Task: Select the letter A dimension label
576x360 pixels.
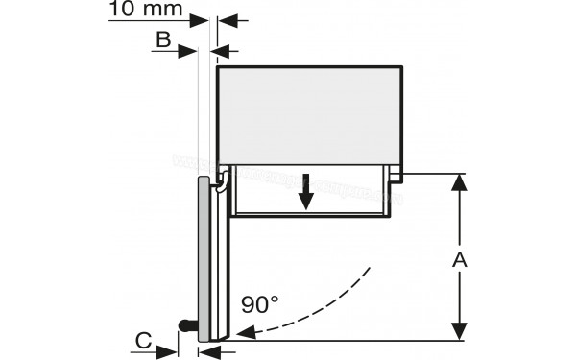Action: pos(460,259)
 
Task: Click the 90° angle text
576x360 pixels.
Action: pos(259,305)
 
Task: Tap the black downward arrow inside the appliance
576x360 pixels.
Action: pos(305,196)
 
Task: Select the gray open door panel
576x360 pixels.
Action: pos(204,259)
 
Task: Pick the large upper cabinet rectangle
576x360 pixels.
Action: pos(310,114)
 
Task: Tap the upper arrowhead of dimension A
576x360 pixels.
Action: pos(460,183)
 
